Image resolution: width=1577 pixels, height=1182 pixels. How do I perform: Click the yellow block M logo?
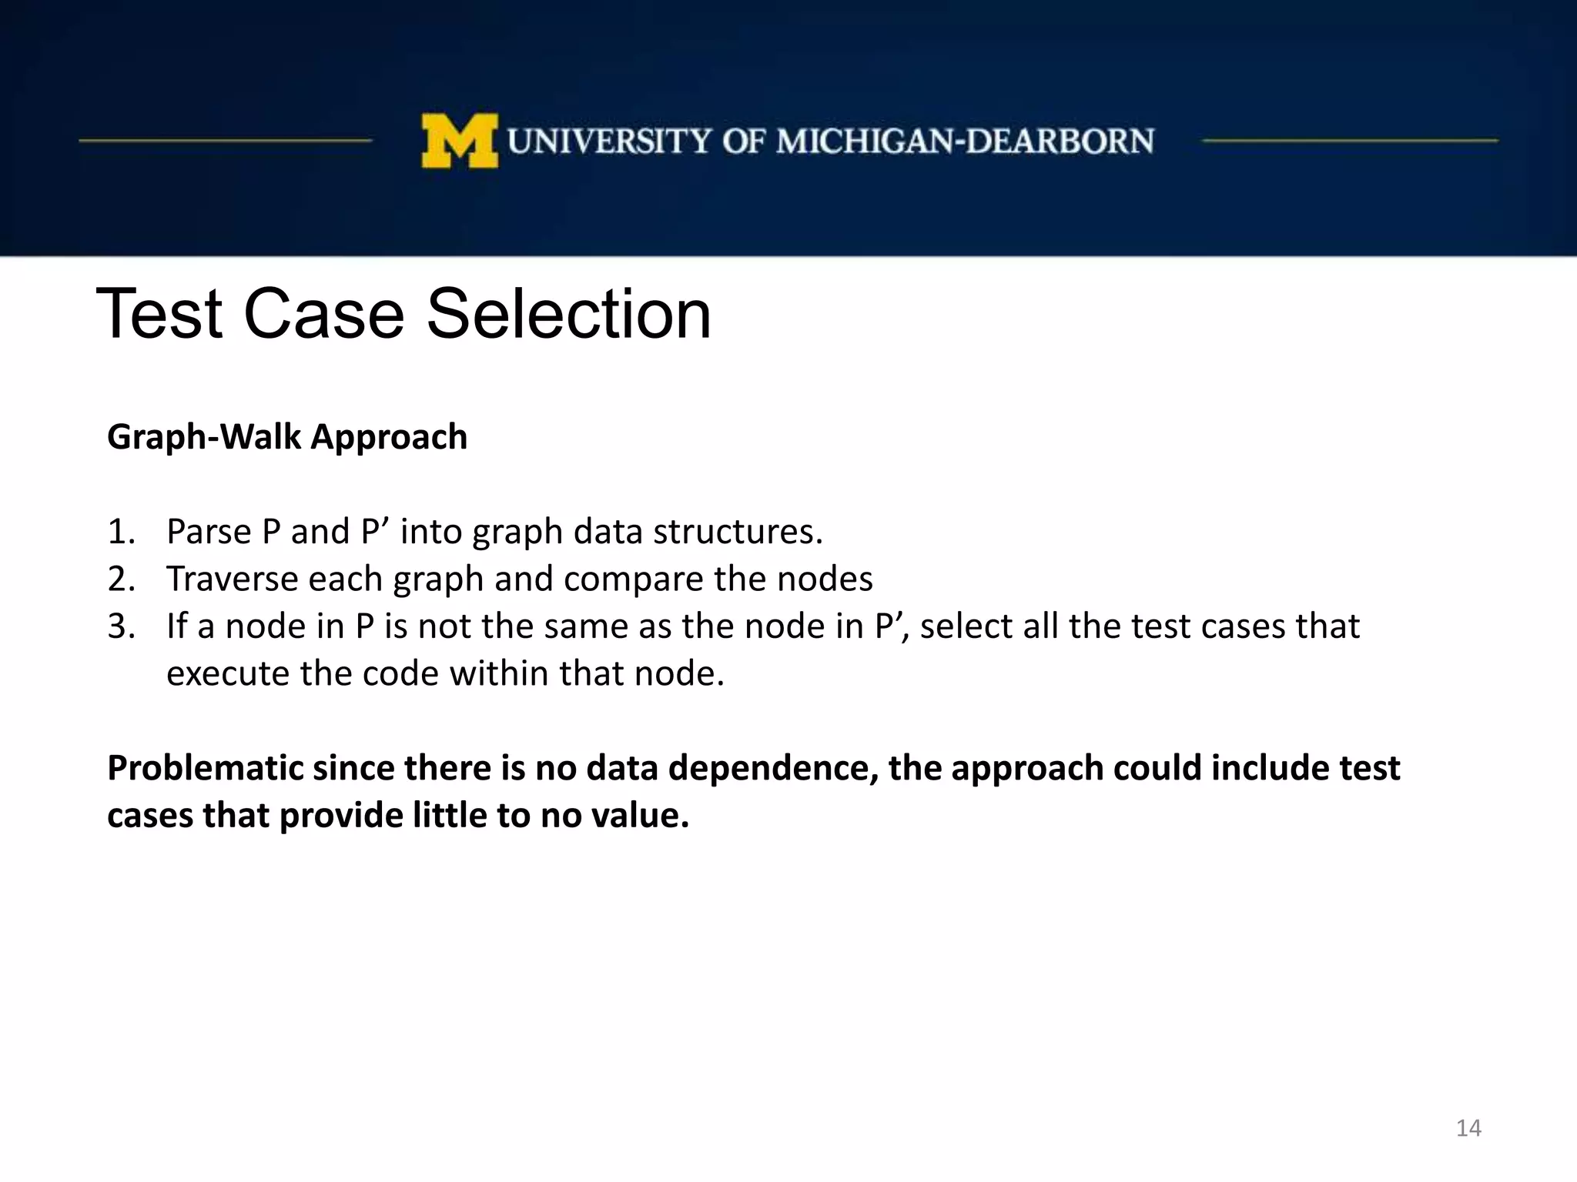(459, 141)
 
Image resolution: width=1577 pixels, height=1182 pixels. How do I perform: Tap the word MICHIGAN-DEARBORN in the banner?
(965, 142)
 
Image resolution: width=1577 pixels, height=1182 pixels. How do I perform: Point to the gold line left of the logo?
(225, 141)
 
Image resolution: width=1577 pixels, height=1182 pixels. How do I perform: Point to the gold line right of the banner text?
(1350, 141)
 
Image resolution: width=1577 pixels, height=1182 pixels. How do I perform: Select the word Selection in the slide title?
(568, 314)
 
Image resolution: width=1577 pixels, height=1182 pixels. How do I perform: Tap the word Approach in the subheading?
(389, 437)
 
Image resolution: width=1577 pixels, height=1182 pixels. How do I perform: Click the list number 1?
(121, 532)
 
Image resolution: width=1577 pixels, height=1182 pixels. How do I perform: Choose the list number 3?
(121, 626)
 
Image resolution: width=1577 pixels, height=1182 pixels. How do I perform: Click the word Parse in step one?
(209, 532)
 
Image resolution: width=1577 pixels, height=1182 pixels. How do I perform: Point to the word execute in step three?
(228, 674)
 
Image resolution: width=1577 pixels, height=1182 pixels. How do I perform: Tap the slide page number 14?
(1468, 1128)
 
